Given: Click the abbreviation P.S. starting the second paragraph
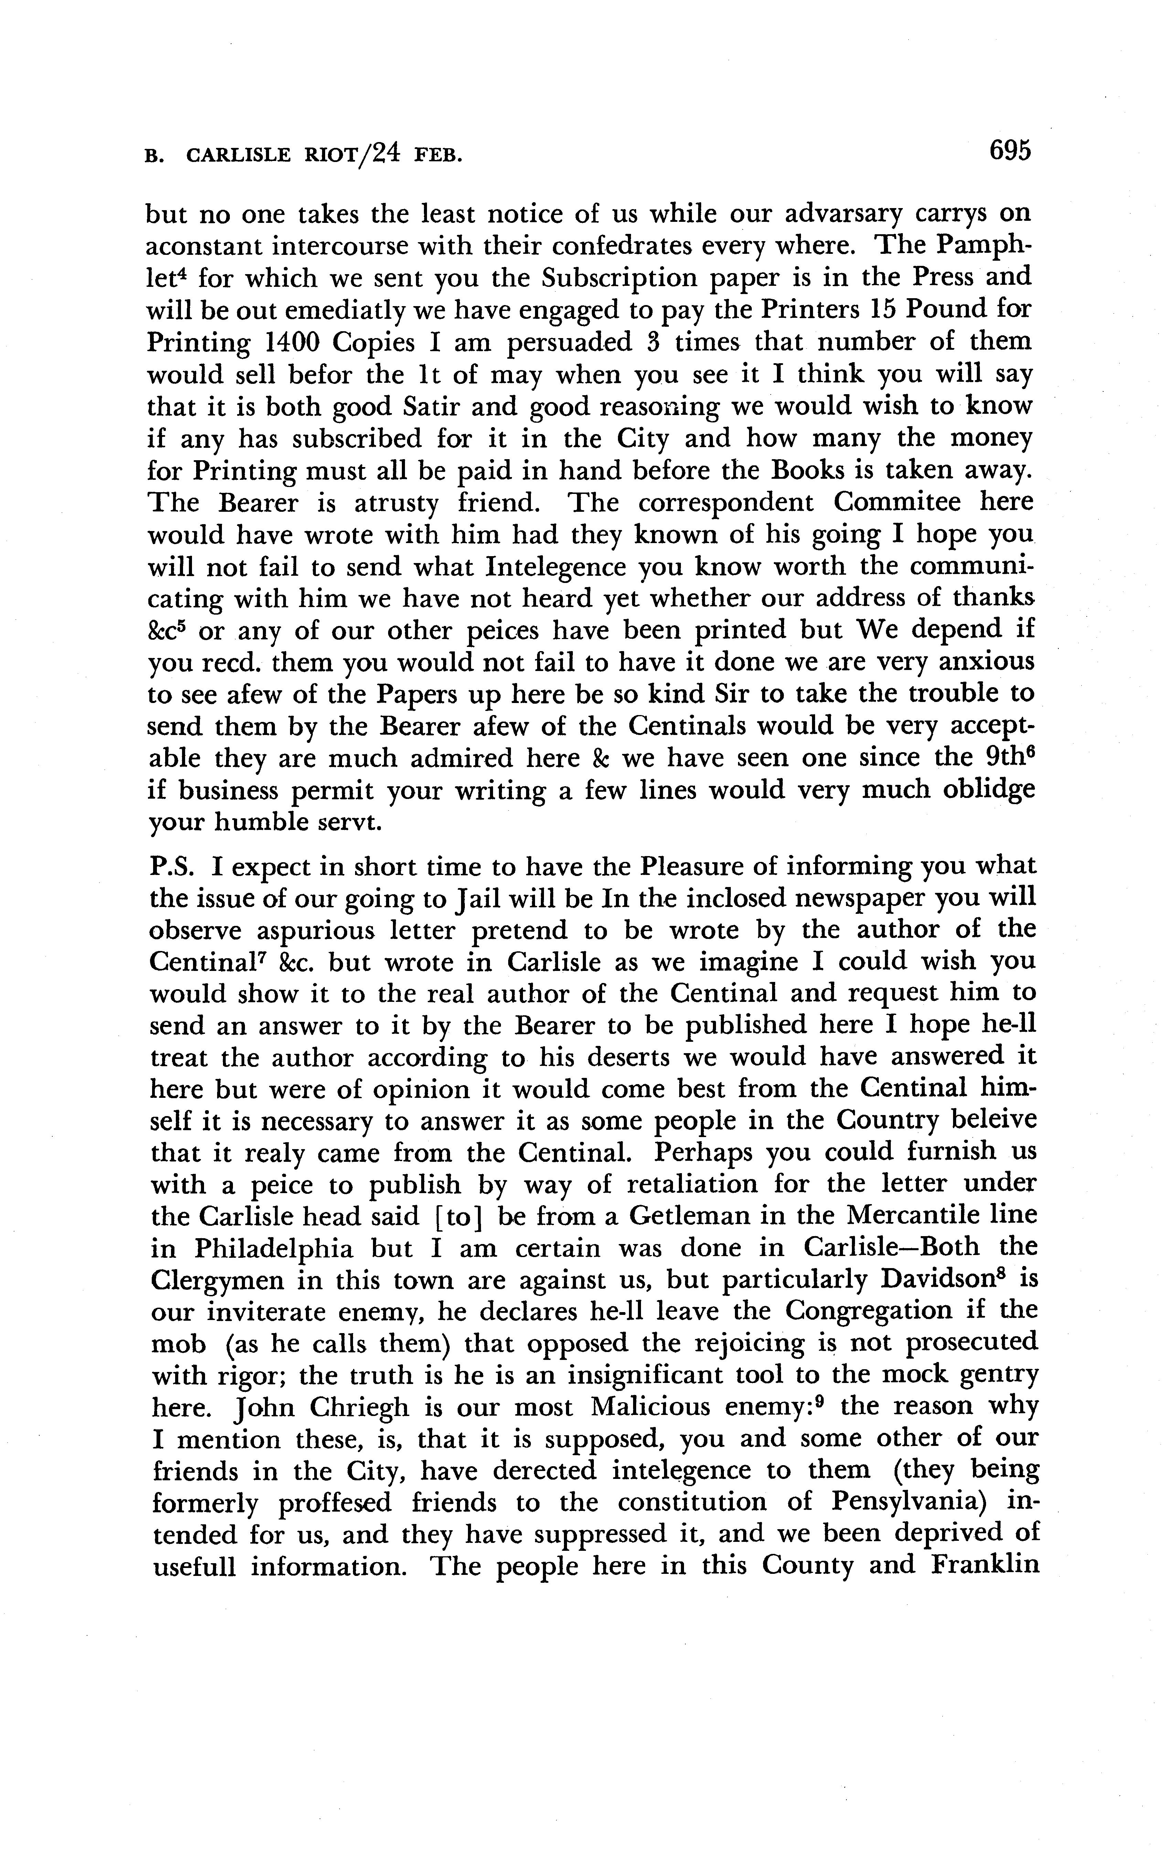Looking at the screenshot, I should (174, 867).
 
